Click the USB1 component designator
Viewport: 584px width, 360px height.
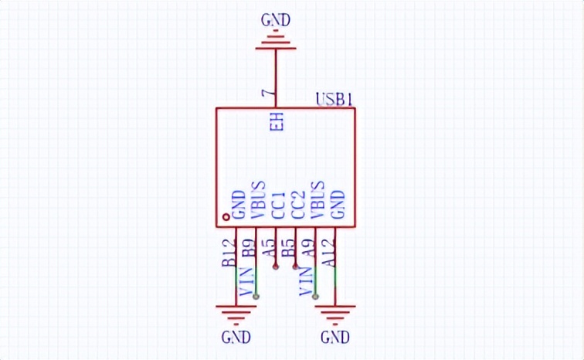[335, 100]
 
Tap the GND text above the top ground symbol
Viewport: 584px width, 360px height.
[276, 21]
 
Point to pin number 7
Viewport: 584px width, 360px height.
[268, 95]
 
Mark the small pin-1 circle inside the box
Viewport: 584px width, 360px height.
[226, 218]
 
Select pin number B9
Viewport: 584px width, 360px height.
[249, 248]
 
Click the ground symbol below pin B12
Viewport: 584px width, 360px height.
[236, 313]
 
